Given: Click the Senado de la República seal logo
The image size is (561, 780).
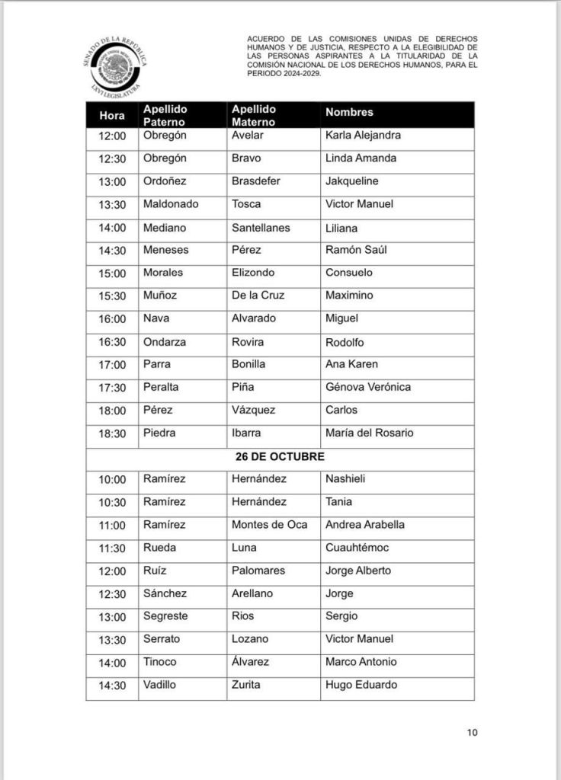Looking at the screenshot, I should pyautogui.click(x=116, y=66).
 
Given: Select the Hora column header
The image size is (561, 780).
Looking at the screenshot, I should pyautogui.click(x=112, y=116).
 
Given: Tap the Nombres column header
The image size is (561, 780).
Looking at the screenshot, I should pyautogui.click(x=349, y=112).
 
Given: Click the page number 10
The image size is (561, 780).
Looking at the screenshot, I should pyautogui.click(x=472, y=733).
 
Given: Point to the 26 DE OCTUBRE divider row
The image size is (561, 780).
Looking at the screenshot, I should pyautogui.click(x=280, y=456).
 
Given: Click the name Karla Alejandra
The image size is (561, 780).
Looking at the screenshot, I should pyautogui.click(x=363, y=136).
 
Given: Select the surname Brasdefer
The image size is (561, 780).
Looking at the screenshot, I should pyautogui.click(x=256, y=181).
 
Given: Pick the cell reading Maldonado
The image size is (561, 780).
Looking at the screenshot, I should pyautogui.click(x=171, y=204).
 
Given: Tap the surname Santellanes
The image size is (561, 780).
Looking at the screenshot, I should pyautogui.click(x=261, y=227).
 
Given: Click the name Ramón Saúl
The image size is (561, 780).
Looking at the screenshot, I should pyautogui.click(x=356, y=250).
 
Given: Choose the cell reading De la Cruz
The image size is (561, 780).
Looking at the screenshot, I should pyautogui.click(x=259, y=296).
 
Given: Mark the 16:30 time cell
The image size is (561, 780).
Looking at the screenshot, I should pyautogui.click(x=112, y=342).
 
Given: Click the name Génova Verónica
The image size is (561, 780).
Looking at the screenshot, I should pyautogui.click(x=368, y=387).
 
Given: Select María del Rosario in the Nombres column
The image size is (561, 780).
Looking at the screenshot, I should pyautogui.click(x=370, y=433).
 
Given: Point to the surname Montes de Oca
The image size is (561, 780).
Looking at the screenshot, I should pyautogui.click(x=270, y=525).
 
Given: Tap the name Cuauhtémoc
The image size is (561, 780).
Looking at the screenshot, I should pyautogui.click(x=357, y=548).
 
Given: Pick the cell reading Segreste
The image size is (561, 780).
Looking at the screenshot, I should pyautogui.click(x=165, y=616).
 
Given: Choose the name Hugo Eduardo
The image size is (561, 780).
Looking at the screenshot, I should pyautogui.click(x=361, y=685).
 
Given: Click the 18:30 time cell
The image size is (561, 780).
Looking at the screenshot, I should pyautogui.click(x=112, y=433).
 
